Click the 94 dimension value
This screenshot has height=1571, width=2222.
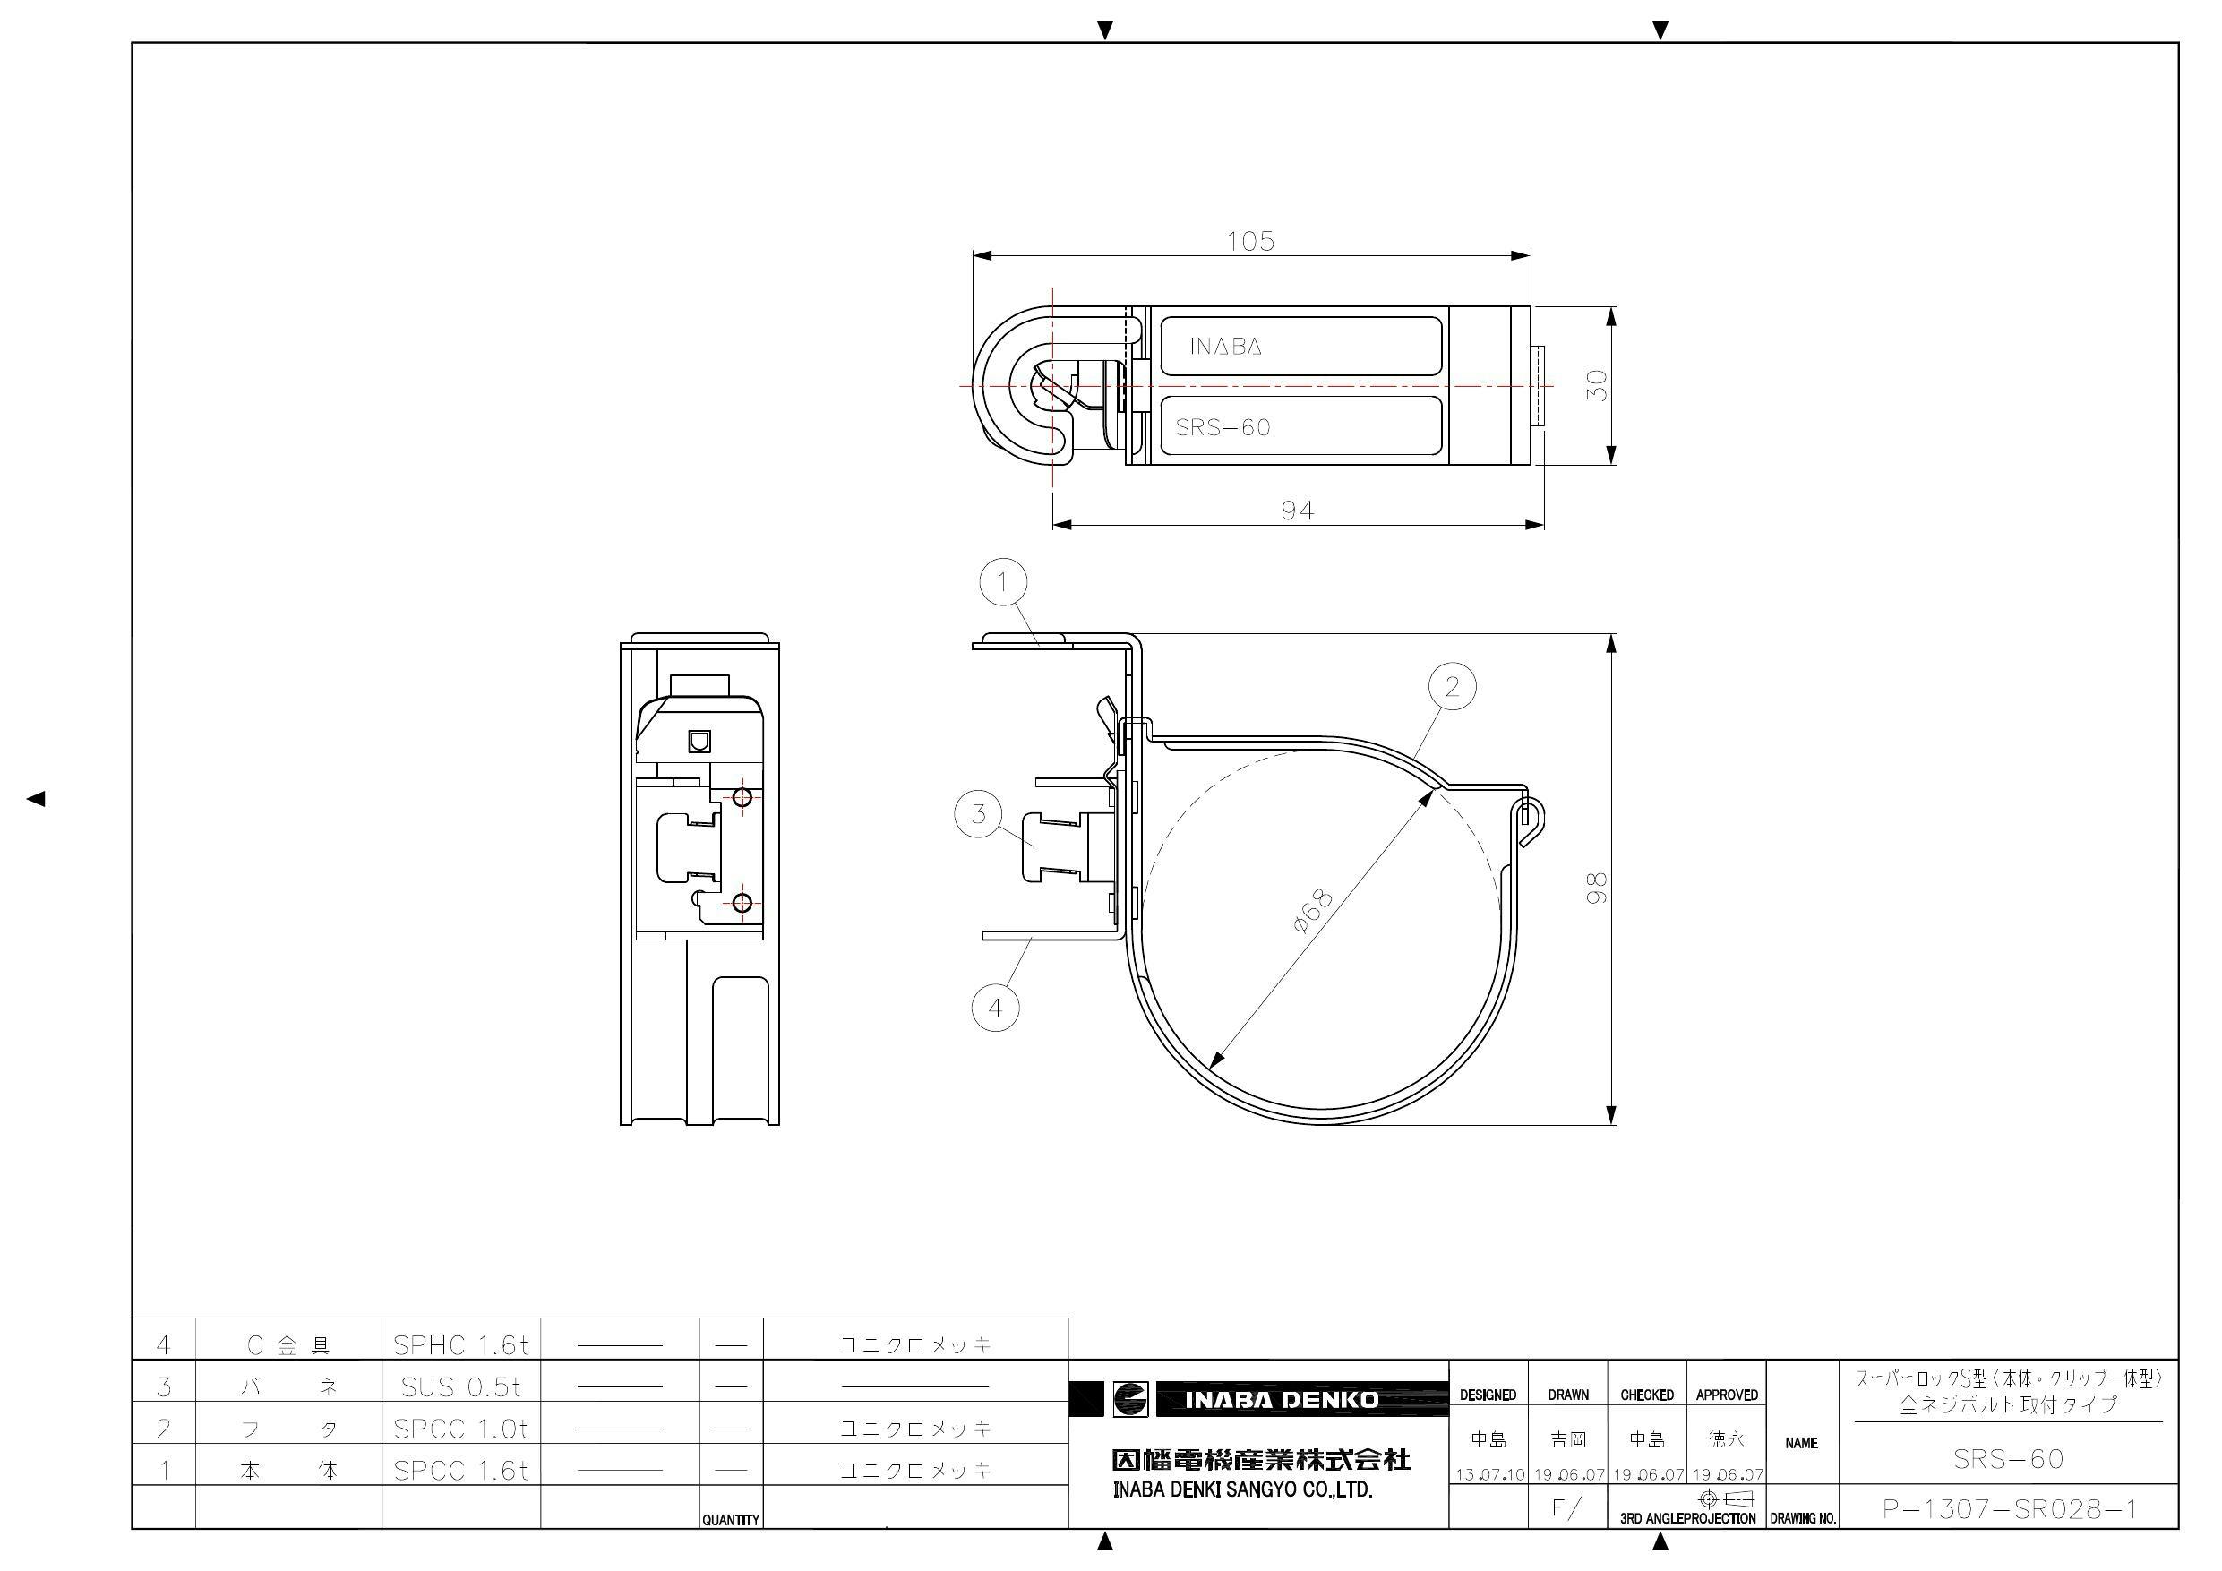[x=1297, y=511]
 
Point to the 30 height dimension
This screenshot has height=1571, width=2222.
[x=1598, y=385]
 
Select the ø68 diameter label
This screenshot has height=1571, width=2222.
[x=1312, y=911]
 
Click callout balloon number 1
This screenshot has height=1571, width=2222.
[x=1002, y=583]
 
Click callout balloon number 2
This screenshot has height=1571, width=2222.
[x=1452, y=686]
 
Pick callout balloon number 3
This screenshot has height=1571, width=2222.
[x=978, y=813]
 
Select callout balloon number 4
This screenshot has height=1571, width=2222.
[x=995, y=1008]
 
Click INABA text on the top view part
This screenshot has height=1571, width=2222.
[x=1225, y=347]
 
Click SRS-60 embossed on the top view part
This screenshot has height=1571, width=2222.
[x=1223, y=428]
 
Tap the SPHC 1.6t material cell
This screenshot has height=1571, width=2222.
[x=460, y=1344]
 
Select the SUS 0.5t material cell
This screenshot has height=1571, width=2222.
[x=460, y=1387]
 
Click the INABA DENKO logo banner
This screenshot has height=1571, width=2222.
[x=1281, y=1400]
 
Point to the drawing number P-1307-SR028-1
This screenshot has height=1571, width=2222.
[x=2009, y=1509]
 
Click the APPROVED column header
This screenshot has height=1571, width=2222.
[x=1727, y=1395]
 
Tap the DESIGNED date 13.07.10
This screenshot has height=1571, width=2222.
[x=1488, y=1475]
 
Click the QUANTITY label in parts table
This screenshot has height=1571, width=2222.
[x=731, y=1520]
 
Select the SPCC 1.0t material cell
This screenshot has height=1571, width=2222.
[x=460, y=1429]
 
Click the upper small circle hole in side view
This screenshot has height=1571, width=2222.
[x=742, y=798]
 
